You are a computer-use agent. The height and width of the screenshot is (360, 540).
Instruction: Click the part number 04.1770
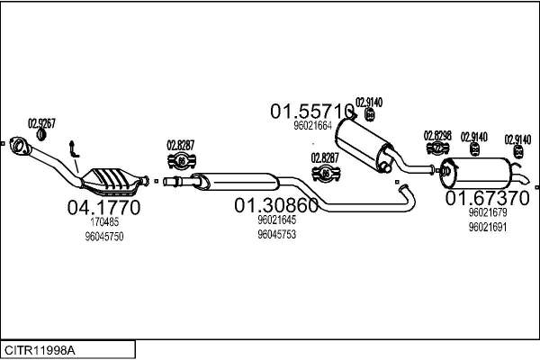tap(103, 207)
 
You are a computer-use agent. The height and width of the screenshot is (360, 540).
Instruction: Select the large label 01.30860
tap(276, 205)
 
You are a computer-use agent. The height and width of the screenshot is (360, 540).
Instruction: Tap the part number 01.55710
tap(312, 112)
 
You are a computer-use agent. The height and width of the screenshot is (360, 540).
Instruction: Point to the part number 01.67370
tap(487, 198)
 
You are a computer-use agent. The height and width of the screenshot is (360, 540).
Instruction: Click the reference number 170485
tap(104, 222)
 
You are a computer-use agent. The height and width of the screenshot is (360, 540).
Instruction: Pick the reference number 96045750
tap(104, 237)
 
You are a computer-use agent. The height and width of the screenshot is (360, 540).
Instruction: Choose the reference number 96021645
tap(277, 220)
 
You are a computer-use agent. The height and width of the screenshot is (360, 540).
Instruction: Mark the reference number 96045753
tap(277, 234)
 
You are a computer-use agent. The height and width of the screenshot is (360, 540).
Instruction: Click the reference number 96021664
tap(312, 126)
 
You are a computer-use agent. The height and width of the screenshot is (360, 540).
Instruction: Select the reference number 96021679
tap(488, 212)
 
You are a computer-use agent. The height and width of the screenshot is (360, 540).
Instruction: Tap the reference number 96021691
tap(488, 228)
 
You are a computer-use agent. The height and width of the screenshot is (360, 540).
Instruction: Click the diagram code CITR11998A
tap(40, 350)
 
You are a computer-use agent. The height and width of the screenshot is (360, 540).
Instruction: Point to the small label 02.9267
tap(41, 123)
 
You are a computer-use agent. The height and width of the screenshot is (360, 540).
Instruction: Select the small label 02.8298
tap(437, 136)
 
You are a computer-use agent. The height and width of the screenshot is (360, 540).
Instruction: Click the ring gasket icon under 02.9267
tap(41, 135)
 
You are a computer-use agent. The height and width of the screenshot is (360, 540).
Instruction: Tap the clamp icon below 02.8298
tap(437, 148)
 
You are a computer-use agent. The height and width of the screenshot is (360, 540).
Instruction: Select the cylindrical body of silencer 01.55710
tap(364, 144)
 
